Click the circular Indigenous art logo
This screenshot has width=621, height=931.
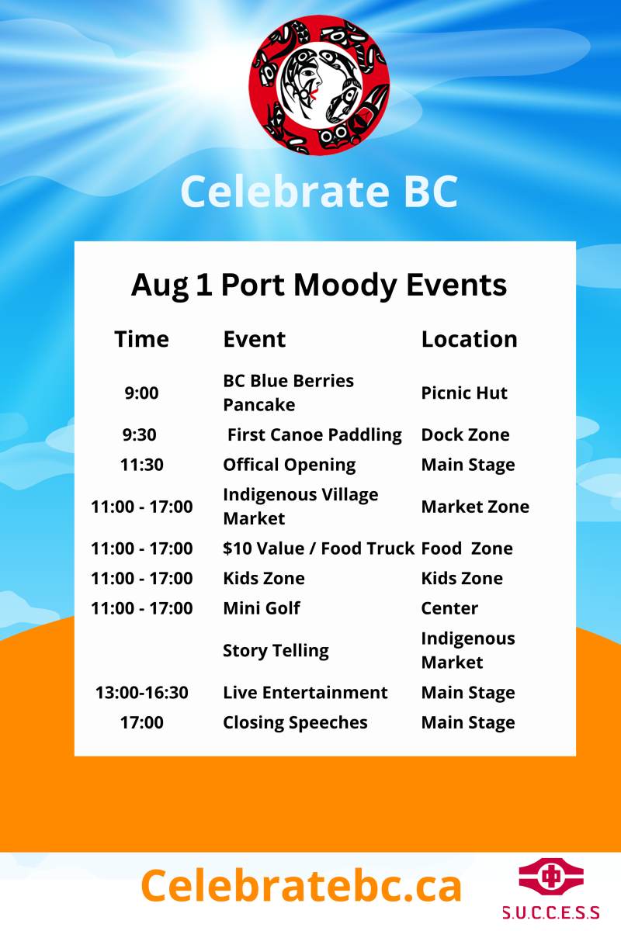click(319, 85)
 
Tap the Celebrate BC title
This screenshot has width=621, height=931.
click(319, 192)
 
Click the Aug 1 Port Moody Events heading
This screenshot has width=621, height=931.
click(319, 286)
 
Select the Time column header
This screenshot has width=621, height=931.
click(142, 339)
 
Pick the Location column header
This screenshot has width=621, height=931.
click(469, 339)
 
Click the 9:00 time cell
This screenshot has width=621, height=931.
click(142, 393)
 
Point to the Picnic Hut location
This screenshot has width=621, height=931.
click(464, 393)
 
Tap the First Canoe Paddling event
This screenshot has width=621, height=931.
click(314, 434)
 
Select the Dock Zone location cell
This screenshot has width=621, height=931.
click(466, 434)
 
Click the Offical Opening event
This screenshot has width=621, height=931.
click(290, 465)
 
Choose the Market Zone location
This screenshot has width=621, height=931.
click(475, 507)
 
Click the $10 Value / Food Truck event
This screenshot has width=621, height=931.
click(318, 549)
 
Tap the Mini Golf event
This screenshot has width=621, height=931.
click(262, 608)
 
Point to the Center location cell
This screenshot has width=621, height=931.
click(449, 608)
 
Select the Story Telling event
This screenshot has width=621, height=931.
click(276, 650)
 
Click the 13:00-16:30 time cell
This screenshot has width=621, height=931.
click(142, 693)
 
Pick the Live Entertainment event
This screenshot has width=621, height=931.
click(305, 693)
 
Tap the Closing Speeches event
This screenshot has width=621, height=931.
click(295, 723)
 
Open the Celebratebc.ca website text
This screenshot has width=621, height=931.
click(301, 885)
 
